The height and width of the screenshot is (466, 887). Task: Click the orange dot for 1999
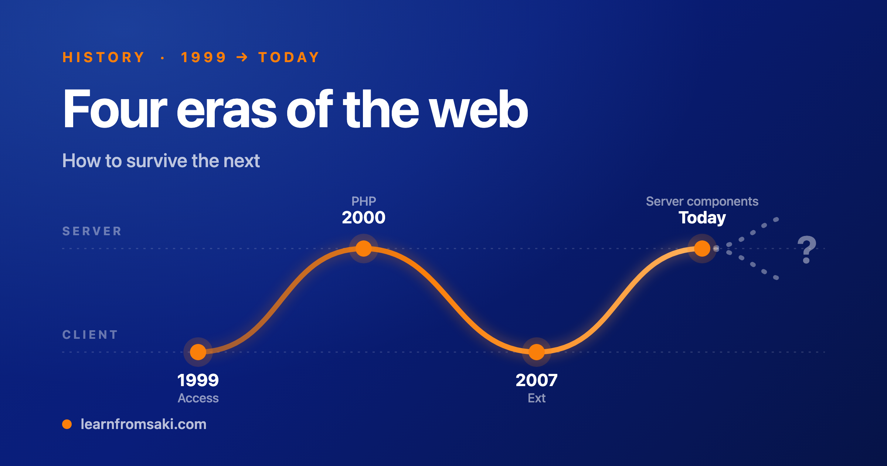tap(198, 352)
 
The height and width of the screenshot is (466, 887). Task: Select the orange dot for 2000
tap(364, 248)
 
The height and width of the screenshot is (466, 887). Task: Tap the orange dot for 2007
tap(537, 352)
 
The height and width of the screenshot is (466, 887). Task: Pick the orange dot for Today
tap(702, 248)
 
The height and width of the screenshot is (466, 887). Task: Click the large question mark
tap(807, 249)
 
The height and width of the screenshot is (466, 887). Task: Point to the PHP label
tap(364, 201)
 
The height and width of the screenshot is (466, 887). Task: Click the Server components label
tap(702, 202)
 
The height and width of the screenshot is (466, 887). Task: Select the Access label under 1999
tap(198, 398)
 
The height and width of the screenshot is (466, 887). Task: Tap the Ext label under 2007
tap(537, 398)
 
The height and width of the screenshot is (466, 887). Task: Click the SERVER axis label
tap(92, 231)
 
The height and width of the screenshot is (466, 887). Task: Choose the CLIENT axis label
tap(90, 335)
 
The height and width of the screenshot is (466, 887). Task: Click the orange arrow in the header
tap(242, 57)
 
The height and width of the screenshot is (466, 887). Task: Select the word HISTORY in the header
tap(103, 57)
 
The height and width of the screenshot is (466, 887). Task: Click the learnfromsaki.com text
tap(143, 424)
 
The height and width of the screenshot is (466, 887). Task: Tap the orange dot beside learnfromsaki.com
tap(67, 424)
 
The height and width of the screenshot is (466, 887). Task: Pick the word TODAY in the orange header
tap(289, 57)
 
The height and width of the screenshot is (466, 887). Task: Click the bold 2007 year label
tap(537, 380)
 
